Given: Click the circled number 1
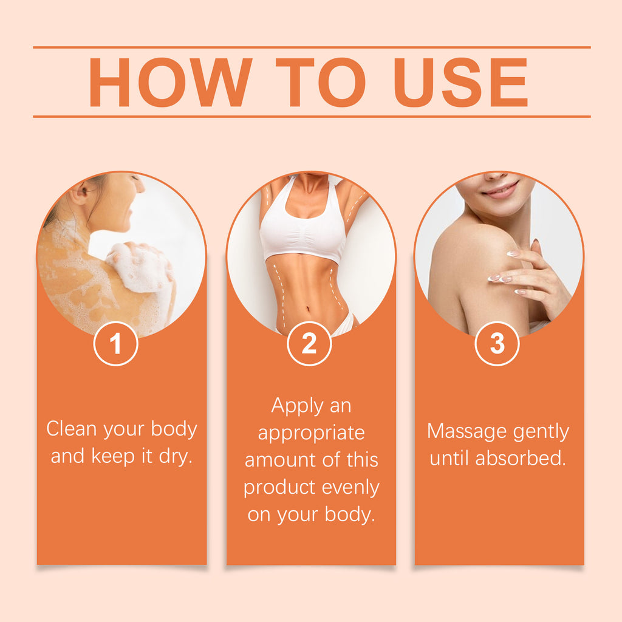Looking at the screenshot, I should coord(115,344).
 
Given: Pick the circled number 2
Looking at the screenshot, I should coord(309,344).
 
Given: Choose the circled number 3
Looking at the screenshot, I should coord(497,344).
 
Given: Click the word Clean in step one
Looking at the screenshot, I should coord(72,429).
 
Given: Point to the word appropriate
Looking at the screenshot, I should coord(311,433).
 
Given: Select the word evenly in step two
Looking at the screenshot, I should coord(350,487).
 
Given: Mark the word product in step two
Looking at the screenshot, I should coord(279,488).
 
